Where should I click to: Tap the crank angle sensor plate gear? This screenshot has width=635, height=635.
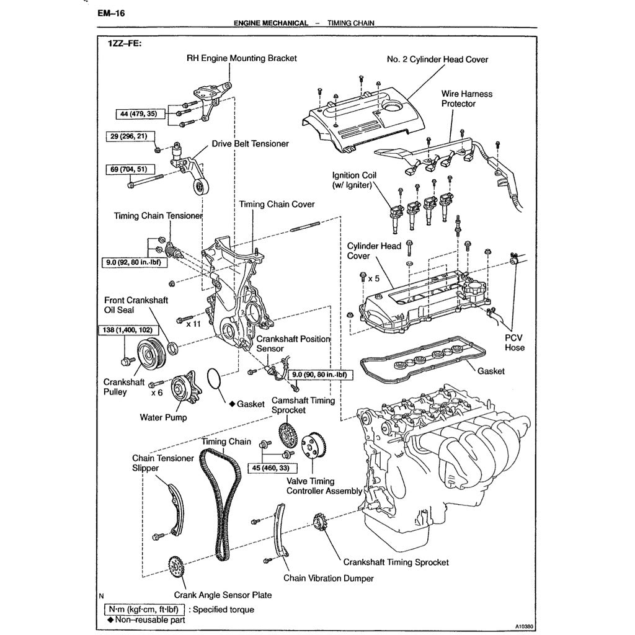click(x=175, y=566)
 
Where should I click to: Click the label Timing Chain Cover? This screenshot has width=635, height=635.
click(x=277, y=204)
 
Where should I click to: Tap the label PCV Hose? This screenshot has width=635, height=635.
click(x=514, y=342)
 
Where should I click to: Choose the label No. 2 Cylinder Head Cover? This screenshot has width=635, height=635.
click(x=437, y=60)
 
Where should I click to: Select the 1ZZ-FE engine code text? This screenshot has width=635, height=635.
click(x=124, y=44)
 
